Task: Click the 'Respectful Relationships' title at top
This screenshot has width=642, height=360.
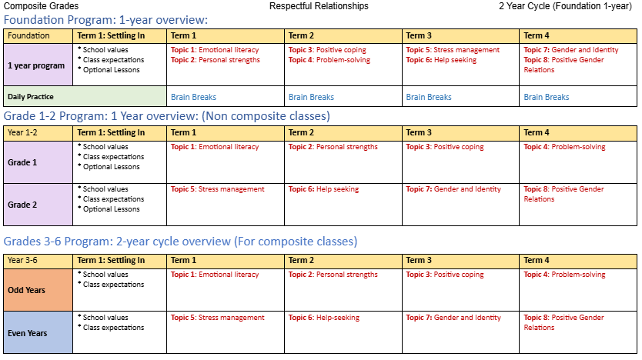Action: pyautogui.click(x=319, y=6)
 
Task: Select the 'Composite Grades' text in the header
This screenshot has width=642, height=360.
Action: pyautogui.click(x=41, y=6)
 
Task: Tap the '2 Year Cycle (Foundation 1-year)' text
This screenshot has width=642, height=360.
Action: pyautogui.click(x=565, y=6)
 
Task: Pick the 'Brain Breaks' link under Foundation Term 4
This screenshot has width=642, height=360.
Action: pyautogui.click(x=547, y=97)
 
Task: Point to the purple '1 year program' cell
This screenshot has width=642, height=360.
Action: pyautogui.click(x=38, y=65)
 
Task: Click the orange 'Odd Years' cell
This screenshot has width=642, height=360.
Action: pyautogui.click(x=38, y=290)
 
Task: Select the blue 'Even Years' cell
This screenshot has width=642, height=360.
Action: pyautogui.click(x=38, y=332)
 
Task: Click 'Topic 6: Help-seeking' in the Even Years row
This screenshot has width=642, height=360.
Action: pyautogui.click(x=323, y=318)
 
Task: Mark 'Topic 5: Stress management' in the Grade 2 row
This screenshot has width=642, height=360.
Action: pyautogui.click(x=217, y=189)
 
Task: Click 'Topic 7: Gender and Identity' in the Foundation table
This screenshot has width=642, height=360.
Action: pyautogui.click(x=570, y=50)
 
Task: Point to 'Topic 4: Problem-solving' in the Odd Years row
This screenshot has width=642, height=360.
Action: pyautogui.click(x=564, y=275)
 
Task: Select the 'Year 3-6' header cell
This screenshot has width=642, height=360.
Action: pyautogui.click(x=38, y=260)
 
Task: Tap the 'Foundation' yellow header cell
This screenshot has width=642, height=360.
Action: pyautogui.click(x=38, y=35)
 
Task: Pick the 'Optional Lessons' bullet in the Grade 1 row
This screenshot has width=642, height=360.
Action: pyautogui.click(x=111, y=167)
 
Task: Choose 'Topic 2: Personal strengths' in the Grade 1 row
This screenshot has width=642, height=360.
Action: pyautogui.click(x=333, y=147)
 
